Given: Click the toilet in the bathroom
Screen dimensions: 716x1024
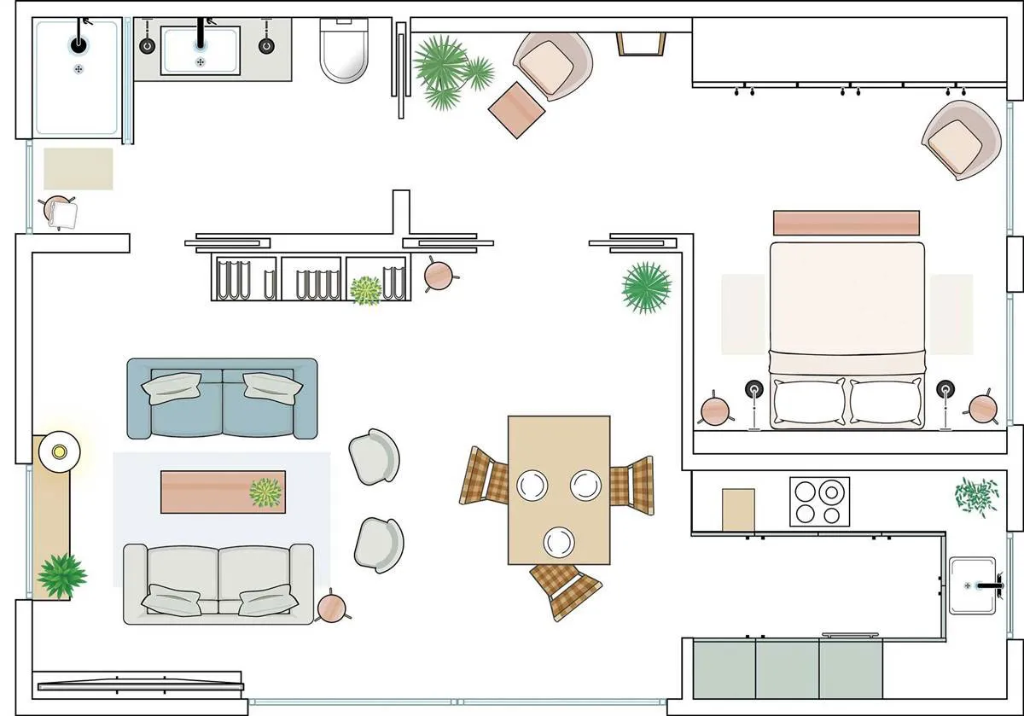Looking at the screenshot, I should [x=342, y=51].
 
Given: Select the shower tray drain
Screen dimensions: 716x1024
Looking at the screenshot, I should [x=79, y=68].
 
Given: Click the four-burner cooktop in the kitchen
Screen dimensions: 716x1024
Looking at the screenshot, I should [x=819, y=501].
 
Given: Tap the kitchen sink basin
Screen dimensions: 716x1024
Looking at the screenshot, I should [x=973, y=585].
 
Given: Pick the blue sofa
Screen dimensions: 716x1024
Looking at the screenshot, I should [x=222, y=398].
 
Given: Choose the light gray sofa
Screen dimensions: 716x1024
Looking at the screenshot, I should [x=218, y=584].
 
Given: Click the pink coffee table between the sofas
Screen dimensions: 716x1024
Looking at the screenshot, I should [x=222, y=491].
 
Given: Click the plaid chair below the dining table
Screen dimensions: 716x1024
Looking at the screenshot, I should [x=565, y=589].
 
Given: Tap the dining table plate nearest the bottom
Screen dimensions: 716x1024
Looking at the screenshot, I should [x=559, y=541].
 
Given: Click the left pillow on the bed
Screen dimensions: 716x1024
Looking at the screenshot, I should [x=807, y=401].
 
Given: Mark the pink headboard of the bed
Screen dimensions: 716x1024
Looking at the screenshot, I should [x=847, y=223].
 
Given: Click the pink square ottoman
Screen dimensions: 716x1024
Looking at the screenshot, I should [x=515, y=108].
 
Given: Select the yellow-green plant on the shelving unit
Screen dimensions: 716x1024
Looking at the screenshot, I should [x=366, y=290].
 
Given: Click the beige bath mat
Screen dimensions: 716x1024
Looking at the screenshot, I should [x=78, y=168].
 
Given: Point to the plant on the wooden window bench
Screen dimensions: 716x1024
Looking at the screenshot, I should [x=61, y=573].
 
